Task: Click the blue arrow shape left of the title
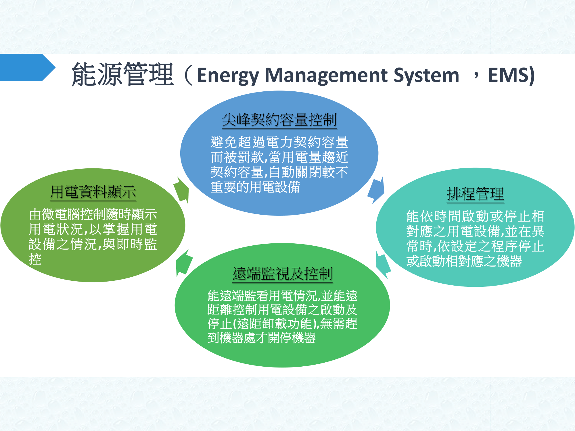tap(26, 68)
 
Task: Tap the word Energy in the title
tap(228, 75)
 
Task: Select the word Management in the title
tap(326, 75)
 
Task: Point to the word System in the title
tap(426, 75)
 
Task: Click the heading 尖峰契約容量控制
tap(279, 120)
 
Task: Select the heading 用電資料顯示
tap(93, 192)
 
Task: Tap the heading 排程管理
tap(475, 194)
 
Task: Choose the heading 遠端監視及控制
tap(282, 274)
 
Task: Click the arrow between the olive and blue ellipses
tap(182, 190)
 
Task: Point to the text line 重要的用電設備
tap(255, 187)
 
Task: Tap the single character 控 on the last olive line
tap(35, 259)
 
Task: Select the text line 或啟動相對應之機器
tap(464, 261)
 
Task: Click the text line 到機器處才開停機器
tap(262, 338)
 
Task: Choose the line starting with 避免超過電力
tap(279, 142)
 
